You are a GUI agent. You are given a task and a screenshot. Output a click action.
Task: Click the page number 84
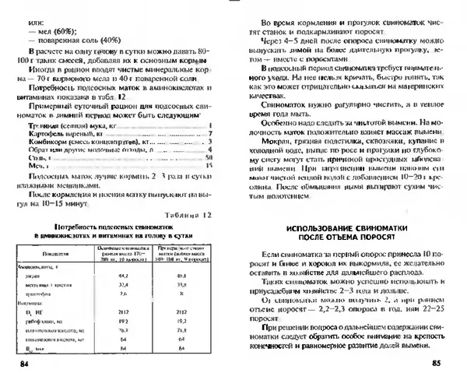click(21, 364)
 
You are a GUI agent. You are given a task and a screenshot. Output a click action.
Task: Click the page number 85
click(436, 364)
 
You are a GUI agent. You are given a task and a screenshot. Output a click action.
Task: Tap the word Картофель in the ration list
click(46, 133)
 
